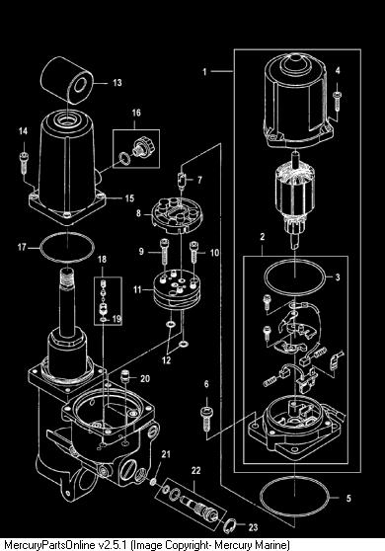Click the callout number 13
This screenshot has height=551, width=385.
117,83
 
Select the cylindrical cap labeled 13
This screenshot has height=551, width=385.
67,81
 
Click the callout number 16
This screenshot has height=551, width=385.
136,113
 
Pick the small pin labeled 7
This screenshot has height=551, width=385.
183,181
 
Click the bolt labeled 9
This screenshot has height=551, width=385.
164,252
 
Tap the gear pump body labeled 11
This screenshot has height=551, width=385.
177,290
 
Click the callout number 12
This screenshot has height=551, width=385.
166,360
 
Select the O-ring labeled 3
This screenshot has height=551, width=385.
295,260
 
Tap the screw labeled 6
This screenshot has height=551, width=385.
206,419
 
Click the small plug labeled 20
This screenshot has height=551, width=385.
124,376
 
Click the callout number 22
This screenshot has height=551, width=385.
195,471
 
